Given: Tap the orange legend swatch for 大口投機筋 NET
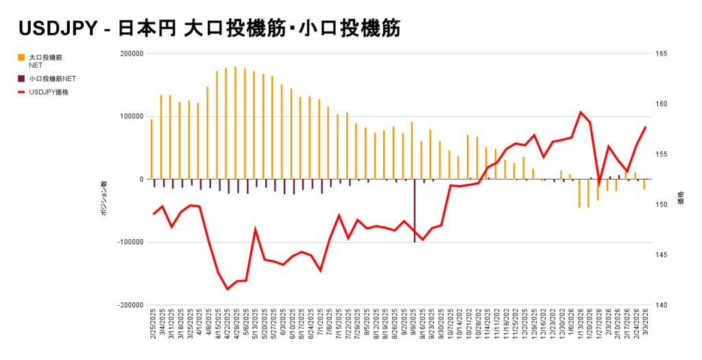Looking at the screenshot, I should tap(22, 57).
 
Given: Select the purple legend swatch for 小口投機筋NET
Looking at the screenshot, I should tap(22, 79).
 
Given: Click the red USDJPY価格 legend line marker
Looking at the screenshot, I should tap(22, 92).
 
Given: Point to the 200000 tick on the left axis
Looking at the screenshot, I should tap(131, 53).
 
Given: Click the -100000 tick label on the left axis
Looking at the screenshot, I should tap(129, 242).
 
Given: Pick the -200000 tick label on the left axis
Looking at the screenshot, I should tap(129, 305).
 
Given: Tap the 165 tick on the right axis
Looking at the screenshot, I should tap(662, 53).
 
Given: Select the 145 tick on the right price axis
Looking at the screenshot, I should tap(662, 255).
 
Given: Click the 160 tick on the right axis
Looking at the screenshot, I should tap(662, 104).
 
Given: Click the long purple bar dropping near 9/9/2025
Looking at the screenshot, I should tap(415, 213).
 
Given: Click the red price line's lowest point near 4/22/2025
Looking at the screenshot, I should tap(227, 289).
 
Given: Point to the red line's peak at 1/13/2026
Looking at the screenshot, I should tap(581, 112).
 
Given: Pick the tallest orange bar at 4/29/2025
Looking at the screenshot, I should tap(235, 123).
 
